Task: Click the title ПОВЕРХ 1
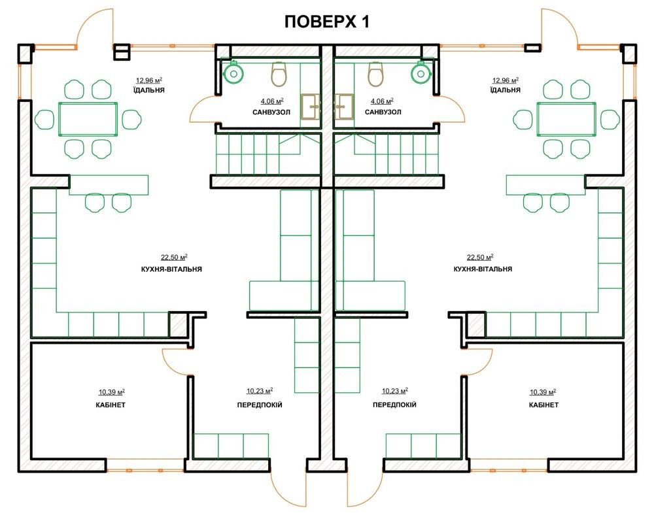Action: tap(327, 22)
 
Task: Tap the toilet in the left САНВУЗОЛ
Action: tap(279, 74)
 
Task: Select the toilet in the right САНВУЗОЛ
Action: tap(375, 74)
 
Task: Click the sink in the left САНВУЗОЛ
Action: tap(310, 107)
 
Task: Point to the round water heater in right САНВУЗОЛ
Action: tap(421, 73)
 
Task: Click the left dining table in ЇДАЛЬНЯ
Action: tap(88, 119)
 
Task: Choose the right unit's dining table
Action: tap(566, 119)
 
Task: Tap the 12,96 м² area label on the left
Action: tap(149, 80)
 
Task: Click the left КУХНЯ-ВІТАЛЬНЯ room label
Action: tap(171, 269)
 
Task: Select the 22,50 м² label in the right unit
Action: tap(480, 258)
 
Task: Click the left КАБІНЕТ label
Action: tap(110, 405)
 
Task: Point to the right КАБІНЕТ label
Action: tap(543, 405)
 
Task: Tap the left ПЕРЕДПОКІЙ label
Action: tap(260, 405)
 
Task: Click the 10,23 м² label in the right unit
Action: tap(394, 391)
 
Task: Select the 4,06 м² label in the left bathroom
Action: tap(272, 101)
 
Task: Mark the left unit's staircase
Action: tap(267, 154)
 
